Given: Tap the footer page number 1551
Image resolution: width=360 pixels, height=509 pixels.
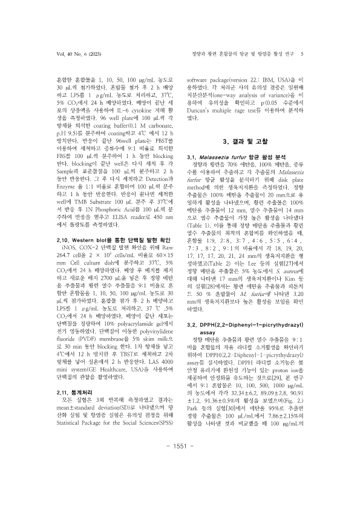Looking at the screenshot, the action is [x=180, y=479].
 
